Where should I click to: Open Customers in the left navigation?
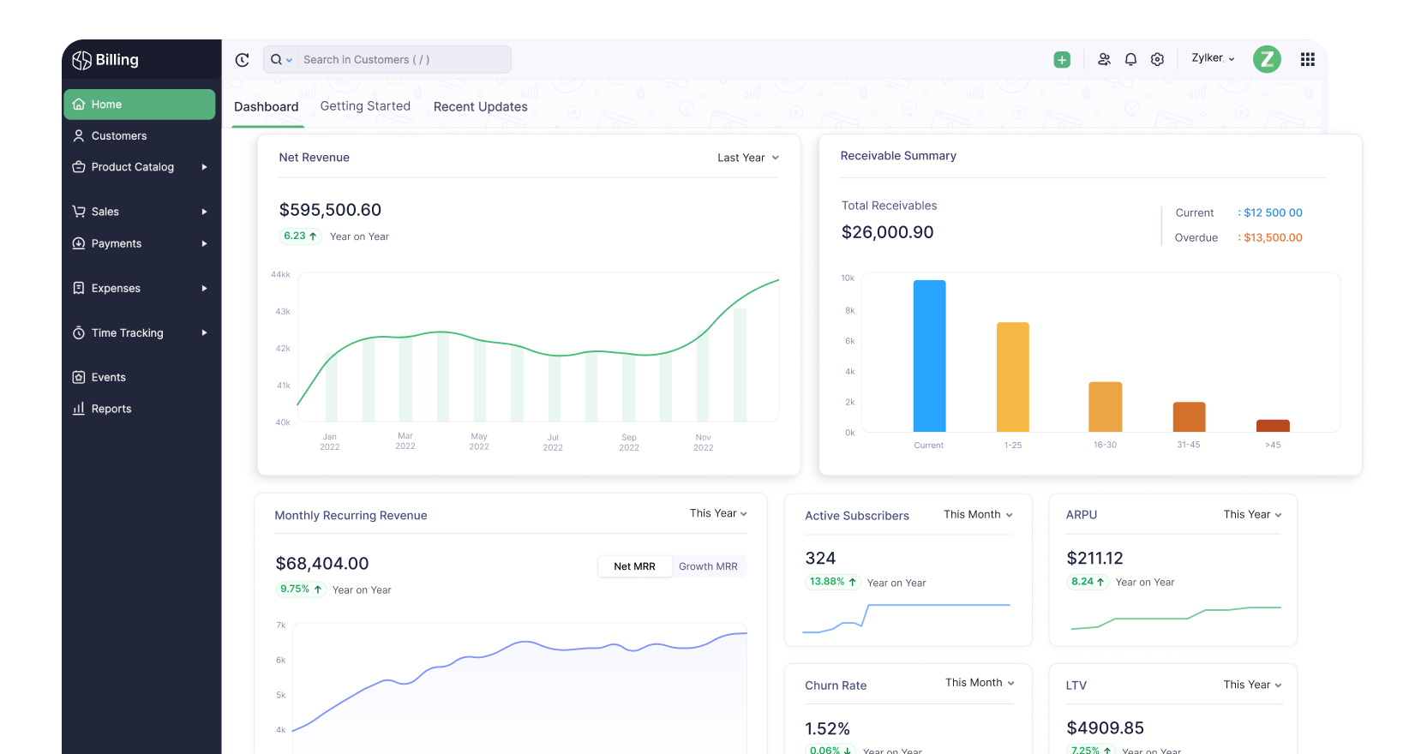tap(118, 136)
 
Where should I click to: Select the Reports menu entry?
tap(111, 409)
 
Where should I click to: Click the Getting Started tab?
tap(365, 106)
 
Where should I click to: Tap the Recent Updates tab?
tap(480, 107)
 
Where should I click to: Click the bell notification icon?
tap(1130, 59)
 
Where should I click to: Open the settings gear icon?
tap(1157, 59)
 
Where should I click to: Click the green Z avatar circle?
tap(1266, 59)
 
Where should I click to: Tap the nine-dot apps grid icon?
tap(1307, 59)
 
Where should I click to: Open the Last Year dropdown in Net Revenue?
tap(747, 158)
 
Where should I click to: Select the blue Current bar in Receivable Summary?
tap(929, 356)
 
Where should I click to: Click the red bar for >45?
tap(1273, 425)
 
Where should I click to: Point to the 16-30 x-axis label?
tap(1105, 445)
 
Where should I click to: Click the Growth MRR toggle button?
tap(708, 566)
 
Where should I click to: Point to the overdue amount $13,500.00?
tap(1273, 238)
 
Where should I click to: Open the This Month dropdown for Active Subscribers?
tap(978, 515)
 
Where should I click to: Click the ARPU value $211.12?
tap(1094, 559)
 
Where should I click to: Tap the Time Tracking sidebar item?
tap(127, 333)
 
